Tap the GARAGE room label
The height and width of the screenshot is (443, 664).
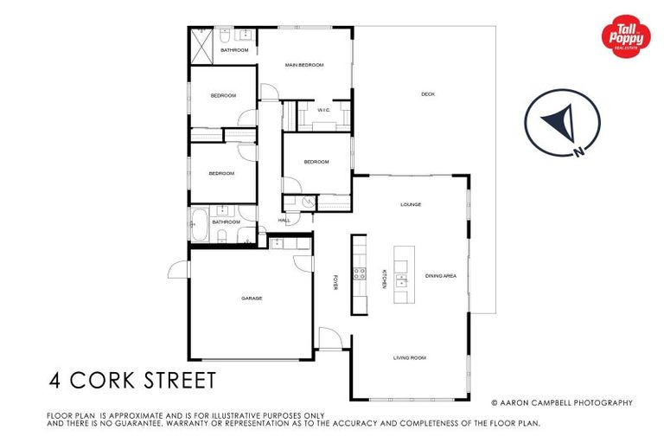click(252, 299)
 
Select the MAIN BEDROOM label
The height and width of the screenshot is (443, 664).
click(304, 65)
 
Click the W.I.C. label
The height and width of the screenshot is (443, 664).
click(324, 110)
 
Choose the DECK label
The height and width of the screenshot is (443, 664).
click(427, 93)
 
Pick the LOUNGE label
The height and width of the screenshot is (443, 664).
click(410, 205)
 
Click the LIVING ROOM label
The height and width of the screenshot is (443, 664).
click(410, 357)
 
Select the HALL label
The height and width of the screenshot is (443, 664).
click(284, 221)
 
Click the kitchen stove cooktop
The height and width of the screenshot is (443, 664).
click(360, 276)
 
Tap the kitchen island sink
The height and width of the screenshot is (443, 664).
click(403, 279)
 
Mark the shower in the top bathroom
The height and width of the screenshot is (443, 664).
click(202, 44)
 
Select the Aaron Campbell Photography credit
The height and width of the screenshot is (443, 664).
click(562, 402)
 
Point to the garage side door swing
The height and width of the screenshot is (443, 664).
click(178, 269)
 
